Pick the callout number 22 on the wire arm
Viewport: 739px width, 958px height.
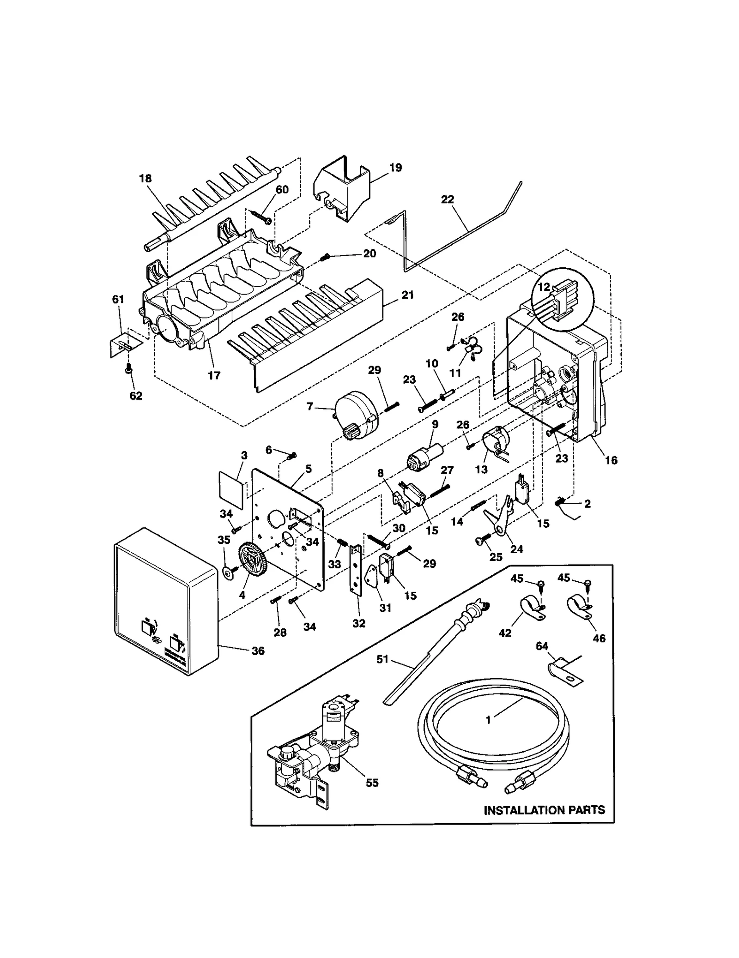point(447,199)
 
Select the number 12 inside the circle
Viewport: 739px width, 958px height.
point(544,287)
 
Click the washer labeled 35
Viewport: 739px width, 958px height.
point(228,572)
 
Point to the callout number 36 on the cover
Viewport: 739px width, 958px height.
point(258,651)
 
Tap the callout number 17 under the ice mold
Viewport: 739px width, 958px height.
point(214,375)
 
